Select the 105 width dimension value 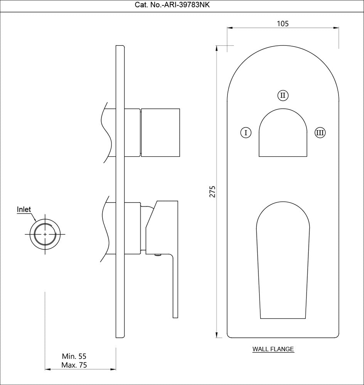pyautogui.click(x=283, y=23)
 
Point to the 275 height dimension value pyautogui.click(x=212, y=191)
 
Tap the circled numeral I pyautogui.click(x=246, y=133)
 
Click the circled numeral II pyautogui.click(x=283, y=95)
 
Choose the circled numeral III pyautogui.click(x=320, y=133)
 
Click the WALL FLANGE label pyautogui.click(x=273, y=350)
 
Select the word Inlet pyautogui.click(x=24, y=209)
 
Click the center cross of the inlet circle pyautogui.click(x=45, y=234)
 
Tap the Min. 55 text pyautogui.click(x=74, y=357)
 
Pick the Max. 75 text pyautogui.click(x=74, y=365)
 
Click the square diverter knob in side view pyautogui.click(x=160, y=133)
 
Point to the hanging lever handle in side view pyautogui.click(x=174, y=285)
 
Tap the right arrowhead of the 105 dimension pyautogui.click(x=336, y=28)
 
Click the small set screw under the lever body pyautogui.click(x=157, y=254)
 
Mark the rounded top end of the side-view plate pyautogui.click(x=120, y=47)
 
